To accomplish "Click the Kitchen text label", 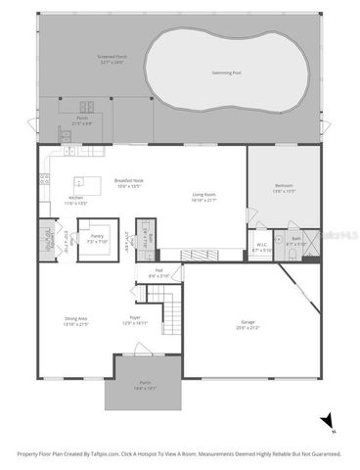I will coord(76,198).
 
